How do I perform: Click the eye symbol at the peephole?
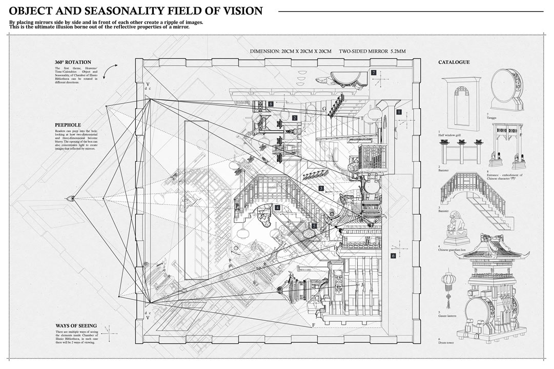72,198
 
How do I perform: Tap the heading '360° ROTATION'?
73,63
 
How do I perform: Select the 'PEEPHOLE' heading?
68,125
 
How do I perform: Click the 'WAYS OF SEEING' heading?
76,326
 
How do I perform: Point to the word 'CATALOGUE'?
454,63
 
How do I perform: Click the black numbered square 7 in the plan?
374,73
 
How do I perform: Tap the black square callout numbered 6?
393,256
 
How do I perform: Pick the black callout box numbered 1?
399,111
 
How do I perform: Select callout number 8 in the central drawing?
270,104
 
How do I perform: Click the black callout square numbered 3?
321,189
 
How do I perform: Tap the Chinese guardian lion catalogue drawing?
457,229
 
